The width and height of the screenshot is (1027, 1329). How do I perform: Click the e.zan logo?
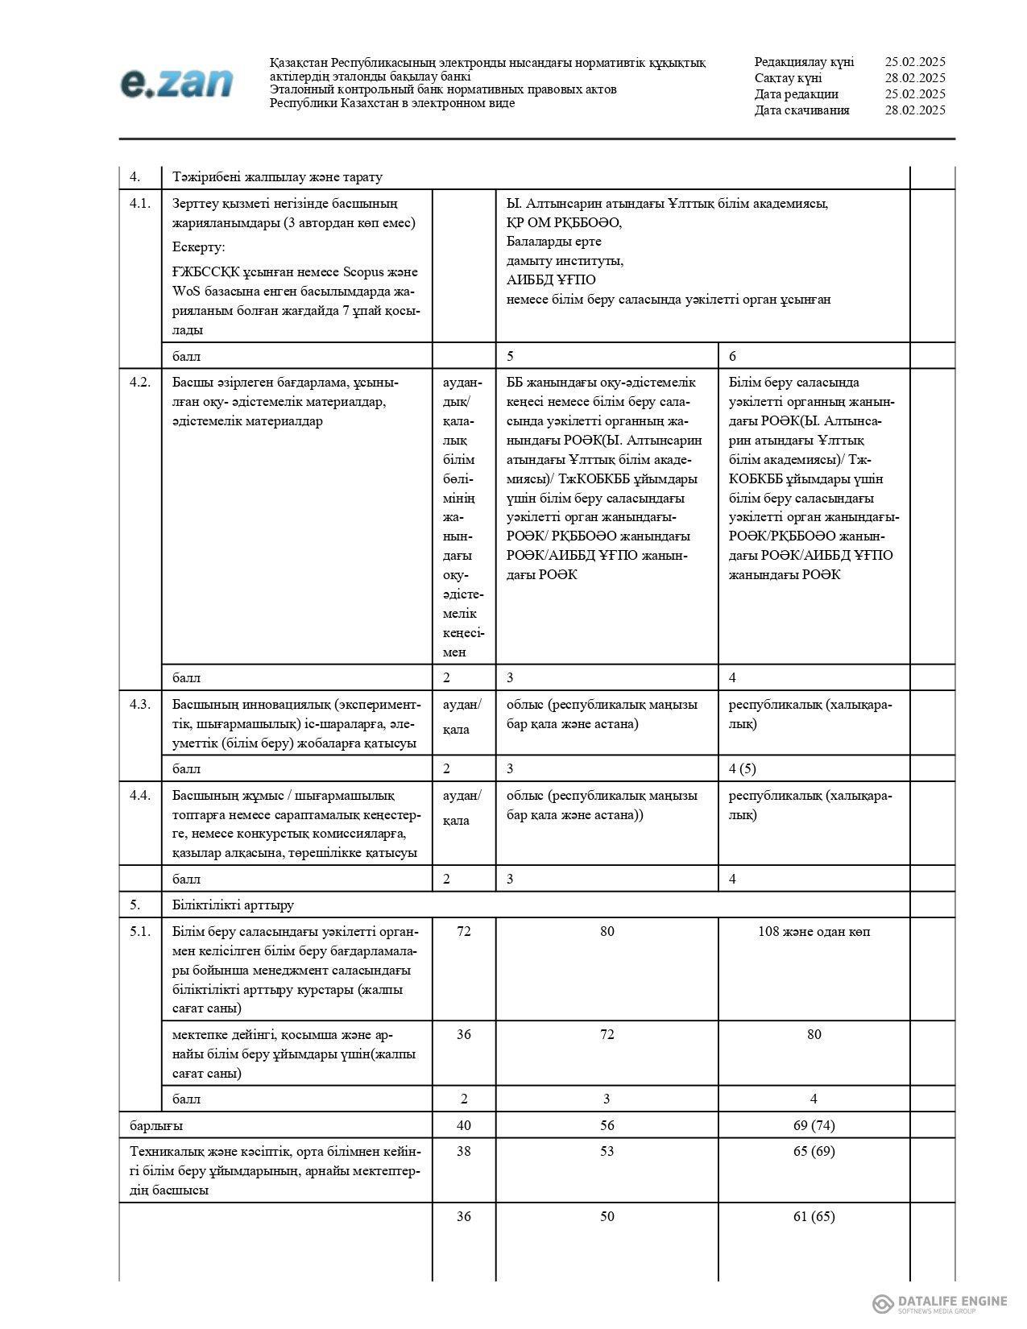pos(176,83)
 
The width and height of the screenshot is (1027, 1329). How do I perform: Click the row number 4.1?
pos(140,203)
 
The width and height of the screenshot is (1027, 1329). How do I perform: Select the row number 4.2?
pos(140,382)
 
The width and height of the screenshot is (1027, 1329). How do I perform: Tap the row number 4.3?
pos(140,704)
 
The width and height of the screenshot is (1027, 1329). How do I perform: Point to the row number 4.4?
pos(140,795)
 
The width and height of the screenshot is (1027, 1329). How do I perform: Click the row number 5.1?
pos(140,931)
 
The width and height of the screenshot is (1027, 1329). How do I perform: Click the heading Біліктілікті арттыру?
pos(233,905)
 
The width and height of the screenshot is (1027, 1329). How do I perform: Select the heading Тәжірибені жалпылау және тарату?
pos(277,177)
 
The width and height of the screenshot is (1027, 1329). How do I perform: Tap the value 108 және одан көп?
pos(814,931)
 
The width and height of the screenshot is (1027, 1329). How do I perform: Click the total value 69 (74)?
pos(814,1124)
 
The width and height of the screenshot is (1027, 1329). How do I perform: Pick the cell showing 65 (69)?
pos(814,1151)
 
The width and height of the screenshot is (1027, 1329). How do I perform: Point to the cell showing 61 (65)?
pos(814,1216)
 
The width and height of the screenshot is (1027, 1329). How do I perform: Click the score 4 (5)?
pos(742,768)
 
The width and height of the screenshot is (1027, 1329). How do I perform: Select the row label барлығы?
pos(156,1124)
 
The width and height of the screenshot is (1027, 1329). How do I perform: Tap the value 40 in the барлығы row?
pos(463,1124)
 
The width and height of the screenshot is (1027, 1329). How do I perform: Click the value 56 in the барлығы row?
pos(607,1124)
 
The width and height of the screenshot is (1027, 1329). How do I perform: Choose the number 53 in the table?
pos(607,1151)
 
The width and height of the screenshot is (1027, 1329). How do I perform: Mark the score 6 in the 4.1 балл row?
pos(732,356)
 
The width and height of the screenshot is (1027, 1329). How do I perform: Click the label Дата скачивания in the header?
pos(801,110)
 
